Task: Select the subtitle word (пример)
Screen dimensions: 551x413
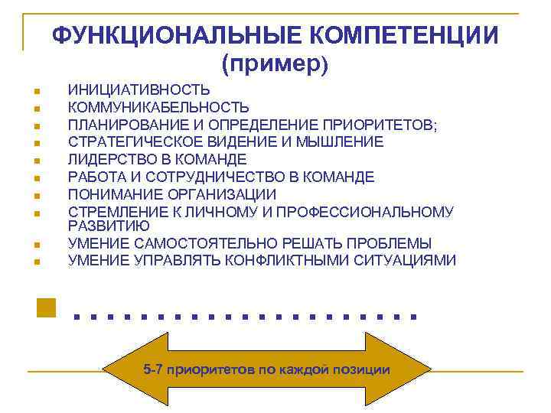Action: point(275,65)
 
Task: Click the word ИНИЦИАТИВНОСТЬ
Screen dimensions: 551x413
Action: point(139,90)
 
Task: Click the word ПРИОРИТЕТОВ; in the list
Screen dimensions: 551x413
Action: point(380,125)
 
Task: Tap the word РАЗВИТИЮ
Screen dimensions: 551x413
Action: point(109,226)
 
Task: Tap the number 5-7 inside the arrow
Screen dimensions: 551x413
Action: point(152,370)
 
